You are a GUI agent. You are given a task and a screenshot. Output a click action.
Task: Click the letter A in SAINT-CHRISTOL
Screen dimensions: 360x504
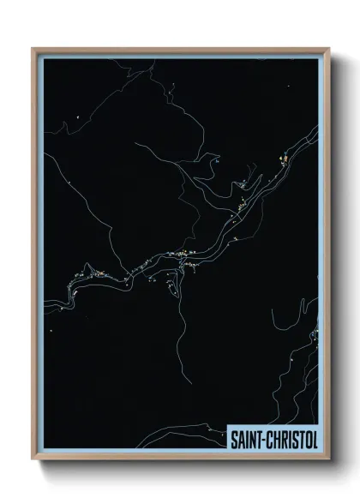pyautogui.click(x=241, y=438)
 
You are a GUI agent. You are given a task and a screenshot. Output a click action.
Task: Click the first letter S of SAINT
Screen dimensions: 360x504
pyautogui.click(x=234, y=438)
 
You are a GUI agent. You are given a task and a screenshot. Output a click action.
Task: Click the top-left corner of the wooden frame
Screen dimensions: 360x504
pyautogui.click(x=33, y=48)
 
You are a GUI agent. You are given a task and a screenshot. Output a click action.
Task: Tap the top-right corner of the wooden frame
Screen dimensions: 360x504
pyautogui.click(x=329, y=48)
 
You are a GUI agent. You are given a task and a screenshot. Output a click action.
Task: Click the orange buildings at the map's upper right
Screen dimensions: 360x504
pyautogui.click(x=282, y=159)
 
